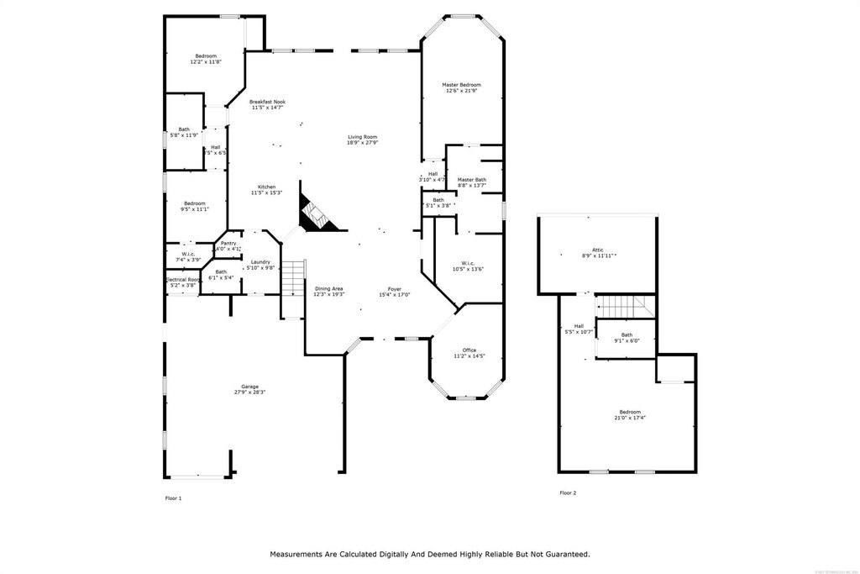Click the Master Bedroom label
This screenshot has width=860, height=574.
(x=462, y=85)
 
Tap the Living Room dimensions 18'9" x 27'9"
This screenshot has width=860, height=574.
(x=363, y=143)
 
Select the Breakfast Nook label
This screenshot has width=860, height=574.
(x=267, y=102)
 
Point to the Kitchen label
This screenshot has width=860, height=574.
(x=267, y=187)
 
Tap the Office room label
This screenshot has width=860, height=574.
(x=469, y=350)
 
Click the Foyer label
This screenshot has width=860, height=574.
(x=395, y=289)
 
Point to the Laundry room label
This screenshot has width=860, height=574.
(x=260, y=261)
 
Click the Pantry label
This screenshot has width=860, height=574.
(x=228, y=244)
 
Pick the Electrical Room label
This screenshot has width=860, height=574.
(x=182, y=280)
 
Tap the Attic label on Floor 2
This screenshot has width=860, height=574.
(x=598, y=250)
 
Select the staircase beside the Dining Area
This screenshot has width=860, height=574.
(x=291, y=277)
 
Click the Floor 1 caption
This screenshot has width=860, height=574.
(x=173, y=498)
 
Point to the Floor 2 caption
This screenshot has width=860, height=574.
(x=569, y=492)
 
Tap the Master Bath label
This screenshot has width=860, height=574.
(x=472, y=179)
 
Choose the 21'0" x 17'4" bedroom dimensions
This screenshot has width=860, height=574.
(x=631, y=418)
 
